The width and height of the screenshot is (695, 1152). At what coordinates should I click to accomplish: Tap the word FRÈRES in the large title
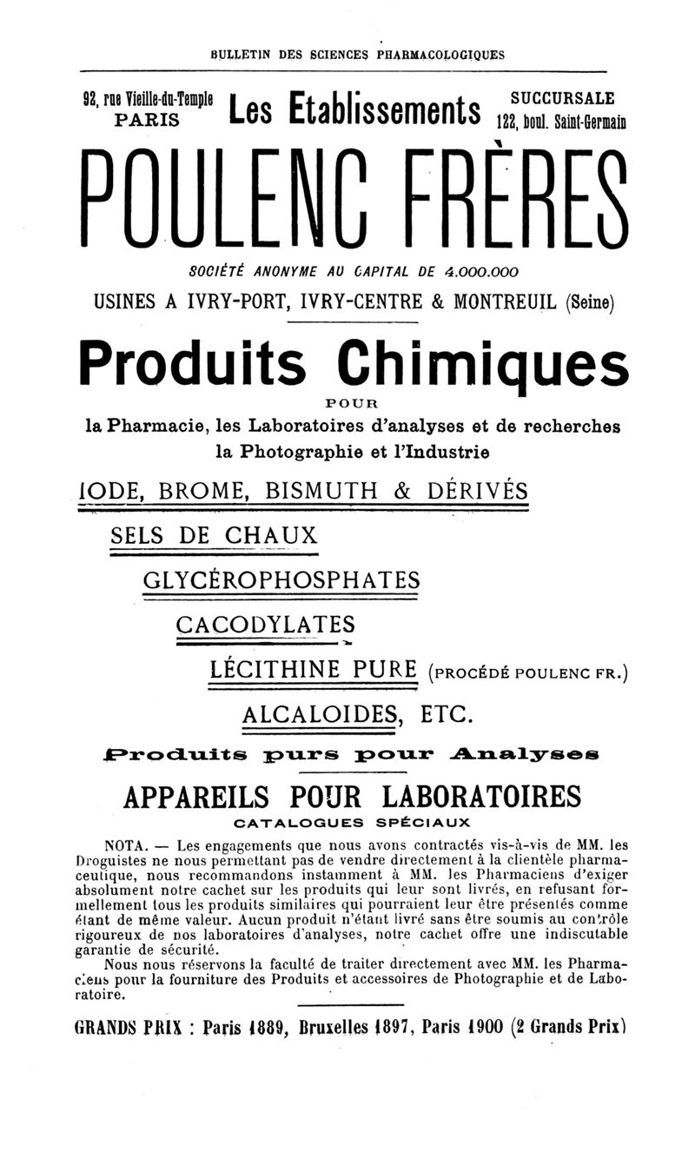[x=513, y=202]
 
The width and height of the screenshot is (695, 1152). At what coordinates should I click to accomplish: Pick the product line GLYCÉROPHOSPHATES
[x=281, y=579]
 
